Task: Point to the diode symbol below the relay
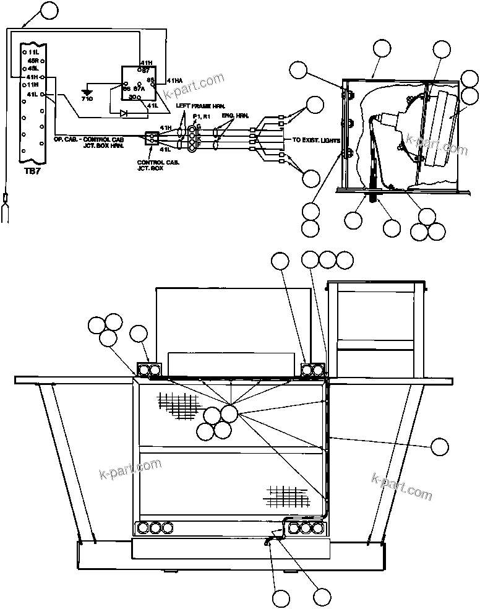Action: point(124,113)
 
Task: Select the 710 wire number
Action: point(86,99)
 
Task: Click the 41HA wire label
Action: point(175,80)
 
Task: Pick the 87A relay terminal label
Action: point(139,89)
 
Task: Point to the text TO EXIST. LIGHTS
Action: point(317,140)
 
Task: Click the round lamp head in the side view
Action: point(440,128)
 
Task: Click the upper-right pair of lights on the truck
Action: point(312,370)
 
